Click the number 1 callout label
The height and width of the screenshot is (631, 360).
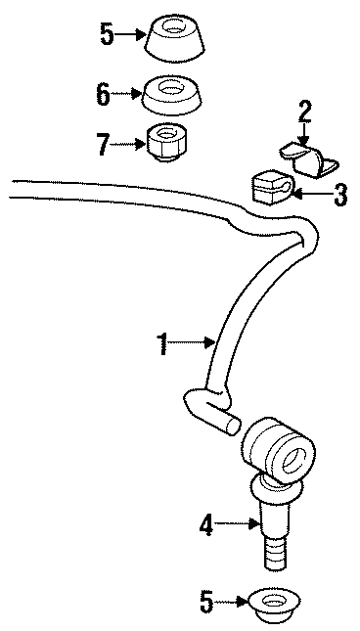pyautogui.click(x=164, y=342)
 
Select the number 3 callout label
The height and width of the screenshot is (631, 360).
pyautogui.click(x=339, y=195)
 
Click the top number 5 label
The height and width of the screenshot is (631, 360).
pyautogui.click(x=106, y=36)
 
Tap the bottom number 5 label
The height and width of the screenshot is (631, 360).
pyautogui.click(x=206, y=601)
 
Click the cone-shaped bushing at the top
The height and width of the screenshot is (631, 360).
pyautogui.click(x=177, y=36)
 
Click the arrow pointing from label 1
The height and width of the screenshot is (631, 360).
pyautogui.click(x=196, y=341)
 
